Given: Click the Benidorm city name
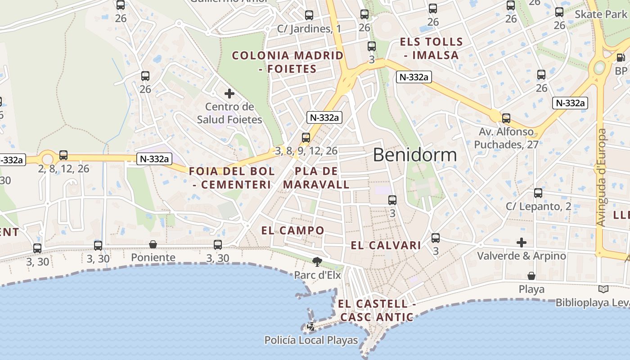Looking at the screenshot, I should pos(414,155).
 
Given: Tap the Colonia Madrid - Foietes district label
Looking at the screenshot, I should pos(288,62).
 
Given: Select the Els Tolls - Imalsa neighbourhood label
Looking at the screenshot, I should pos(431,49).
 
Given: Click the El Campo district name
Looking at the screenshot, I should pos(292,230).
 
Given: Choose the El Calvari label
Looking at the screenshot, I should pos(386,245).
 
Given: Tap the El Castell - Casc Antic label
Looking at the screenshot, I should pos(377,310).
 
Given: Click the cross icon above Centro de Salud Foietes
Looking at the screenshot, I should pos(229,94).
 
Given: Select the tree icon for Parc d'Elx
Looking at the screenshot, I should pos(317,261).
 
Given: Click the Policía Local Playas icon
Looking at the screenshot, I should pos(311,327).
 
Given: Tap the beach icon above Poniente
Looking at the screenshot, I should pos(153,244).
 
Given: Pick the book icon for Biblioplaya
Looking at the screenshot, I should pos(603,289).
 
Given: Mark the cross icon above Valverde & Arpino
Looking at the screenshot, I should pos(522,243).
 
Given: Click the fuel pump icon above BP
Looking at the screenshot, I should pos(621,57).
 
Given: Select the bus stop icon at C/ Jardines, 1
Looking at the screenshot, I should pos(309,15).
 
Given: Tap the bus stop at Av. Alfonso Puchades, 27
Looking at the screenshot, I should pos(506,118).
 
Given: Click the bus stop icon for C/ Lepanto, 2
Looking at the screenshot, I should pos(538,193).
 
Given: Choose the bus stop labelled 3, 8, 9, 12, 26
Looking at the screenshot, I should pos(306,137).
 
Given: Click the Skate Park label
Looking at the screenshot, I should pos(600,14).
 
